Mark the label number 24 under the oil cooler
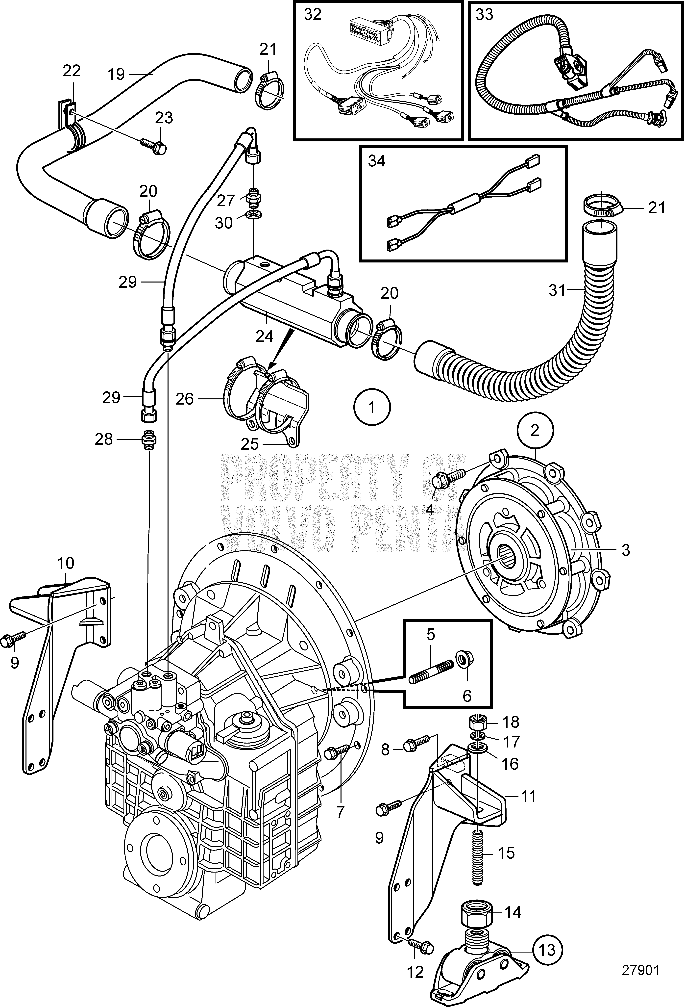265,335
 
